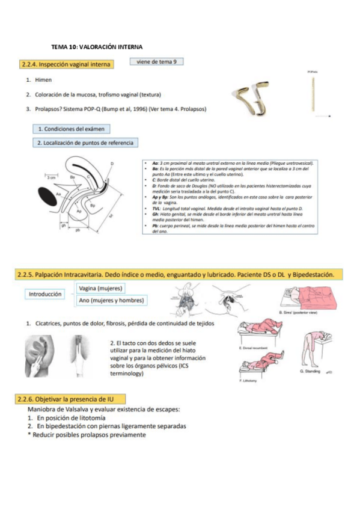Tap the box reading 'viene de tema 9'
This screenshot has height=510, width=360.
[156, 61]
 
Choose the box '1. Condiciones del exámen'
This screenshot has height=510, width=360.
[71, 129]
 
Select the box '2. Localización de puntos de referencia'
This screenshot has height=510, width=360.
[85, 143]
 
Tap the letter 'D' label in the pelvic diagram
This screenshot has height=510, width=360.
[112, 164]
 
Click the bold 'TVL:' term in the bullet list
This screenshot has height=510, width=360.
[153, 206]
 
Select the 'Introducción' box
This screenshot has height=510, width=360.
[46, 295]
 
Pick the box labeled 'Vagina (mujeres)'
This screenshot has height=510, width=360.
[101, 289]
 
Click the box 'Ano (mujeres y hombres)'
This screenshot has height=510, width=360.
[111, 300]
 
